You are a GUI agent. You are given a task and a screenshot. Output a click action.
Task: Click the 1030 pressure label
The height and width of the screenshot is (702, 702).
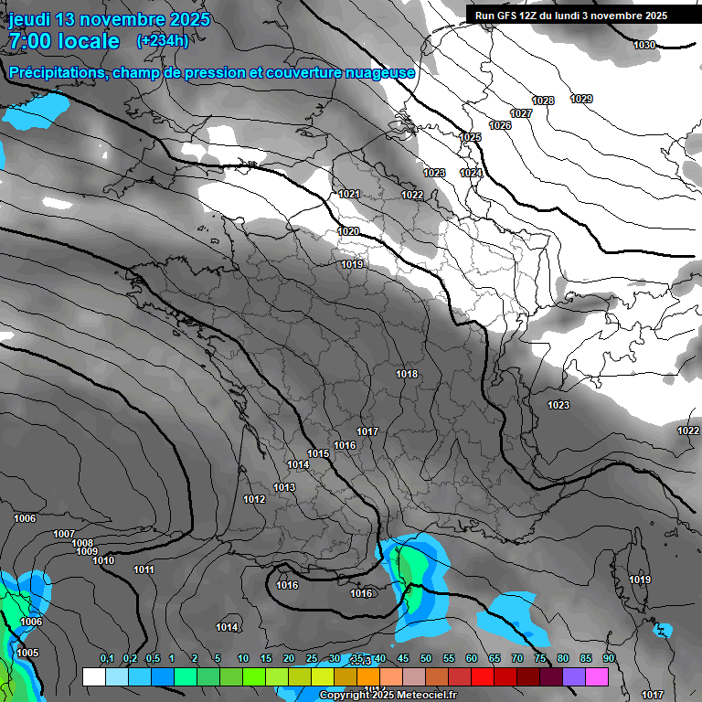coord(644,46)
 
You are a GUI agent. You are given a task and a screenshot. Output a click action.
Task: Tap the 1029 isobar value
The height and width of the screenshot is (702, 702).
coord(581,99)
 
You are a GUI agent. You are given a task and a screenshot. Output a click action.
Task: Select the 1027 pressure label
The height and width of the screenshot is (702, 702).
coord(521,113)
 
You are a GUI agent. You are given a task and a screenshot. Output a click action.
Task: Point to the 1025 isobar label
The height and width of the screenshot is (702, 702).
coord(470,137)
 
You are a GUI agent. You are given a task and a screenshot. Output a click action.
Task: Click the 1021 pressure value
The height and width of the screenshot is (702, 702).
coord(349,194)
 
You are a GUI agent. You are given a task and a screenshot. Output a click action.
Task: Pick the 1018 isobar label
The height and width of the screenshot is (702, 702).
coord(407,374)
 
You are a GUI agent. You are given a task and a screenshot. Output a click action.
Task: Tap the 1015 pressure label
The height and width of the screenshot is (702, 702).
coord(318,453)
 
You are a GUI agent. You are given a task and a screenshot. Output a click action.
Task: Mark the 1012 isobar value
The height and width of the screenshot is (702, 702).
coord(254,499)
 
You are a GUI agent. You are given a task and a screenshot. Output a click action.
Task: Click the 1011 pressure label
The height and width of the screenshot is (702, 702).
coord(144,569)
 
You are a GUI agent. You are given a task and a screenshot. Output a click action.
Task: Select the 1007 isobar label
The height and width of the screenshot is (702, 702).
coord(64,534)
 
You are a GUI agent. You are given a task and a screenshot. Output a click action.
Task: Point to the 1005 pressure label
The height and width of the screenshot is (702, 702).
coord(27,653)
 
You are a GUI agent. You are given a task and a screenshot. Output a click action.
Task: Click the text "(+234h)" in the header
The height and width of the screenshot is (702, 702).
coord(163,40)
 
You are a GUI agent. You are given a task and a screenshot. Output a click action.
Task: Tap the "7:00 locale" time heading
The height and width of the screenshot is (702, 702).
coord(64,41)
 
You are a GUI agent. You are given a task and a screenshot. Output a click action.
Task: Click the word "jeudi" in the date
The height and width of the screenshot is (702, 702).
coord(30,19)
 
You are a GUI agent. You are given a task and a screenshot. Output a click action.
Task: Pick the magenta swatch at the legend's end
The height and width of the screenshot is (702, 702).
coord(597,676)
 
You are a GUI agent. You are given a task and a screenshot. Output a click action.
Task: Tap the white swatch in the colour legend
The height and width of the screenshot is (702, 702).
coord(93,676)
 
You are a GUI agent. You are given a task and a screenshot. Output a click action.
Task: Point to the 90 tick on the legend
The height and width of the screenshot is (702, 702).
coord(608,659)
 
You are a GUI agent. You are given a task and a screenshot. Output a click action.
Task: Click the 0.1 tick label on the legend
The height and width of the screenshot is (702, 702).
coord(107,659)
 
